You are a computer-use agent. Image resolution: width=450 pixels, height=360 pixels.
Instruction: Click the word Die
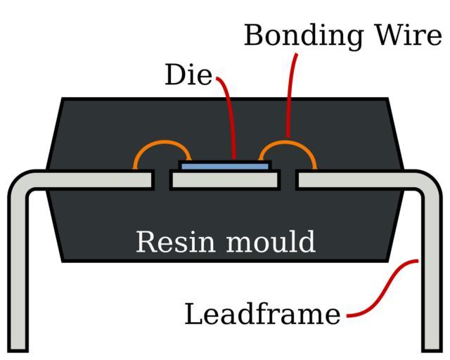tap(188, 75)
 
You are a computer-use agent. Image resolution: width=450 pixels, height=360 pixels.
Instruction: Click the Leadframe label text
tap(262, 314)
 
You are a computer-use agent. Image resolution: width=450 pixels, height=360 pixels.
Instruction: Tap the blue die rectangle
tap(225, 166)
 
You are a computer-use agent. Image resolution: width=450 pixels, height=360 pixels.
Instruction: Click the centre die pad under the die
tap(225, 181)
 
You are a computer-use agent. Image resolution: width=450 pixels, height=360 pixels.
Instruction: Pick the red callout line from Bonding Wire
tap(289, 91)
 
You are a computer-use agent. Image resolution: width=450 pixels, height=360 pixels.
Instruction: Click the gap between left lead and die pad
tap(162, 181)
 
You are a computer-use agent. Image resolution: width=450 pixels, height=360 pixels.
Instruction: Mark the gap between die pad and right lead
tap(288, 181)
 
